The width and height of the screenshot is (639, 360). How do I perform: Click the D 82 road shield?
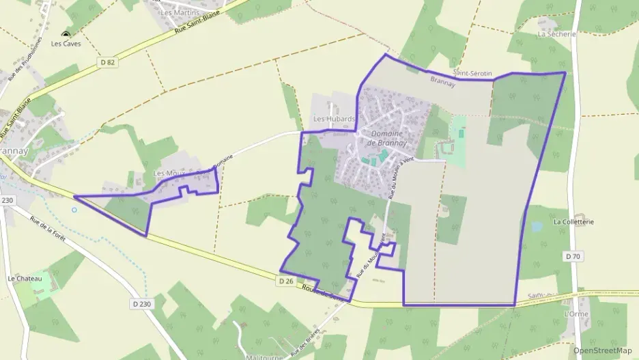click(x=106, y=62)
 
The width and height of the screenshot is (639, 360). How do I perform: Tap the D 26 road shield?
click(x=286, y=281)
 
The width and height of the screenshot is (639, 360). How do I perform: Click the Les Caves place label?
click(x=66, y=44)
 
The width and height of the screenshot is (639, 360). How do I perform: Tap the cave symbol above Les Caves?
click(x=66, y=34)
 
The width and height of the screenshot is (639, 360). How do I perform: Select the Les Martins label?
click(x=180, y=12)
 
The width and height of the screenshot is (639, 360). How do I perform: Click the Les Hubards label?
click(x=334, y=119)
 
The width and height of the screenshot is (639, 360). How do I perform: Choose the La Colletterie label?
click(x=573, y=222)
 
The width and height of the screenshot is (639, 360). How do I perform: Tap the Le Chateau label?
click(x=25, y=279)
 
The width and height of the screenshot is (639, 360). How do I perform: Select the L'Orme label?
click(x=576, y=314)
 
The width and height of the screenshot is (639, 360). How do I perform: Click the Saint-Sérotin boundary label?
click(x=472, y=73)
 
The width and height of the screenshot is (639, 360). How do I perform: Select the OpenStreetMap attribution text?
click(x=602, y=350)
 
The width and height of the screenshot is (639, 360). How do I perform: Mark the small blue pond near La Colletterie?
click(x=537, y=226)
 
